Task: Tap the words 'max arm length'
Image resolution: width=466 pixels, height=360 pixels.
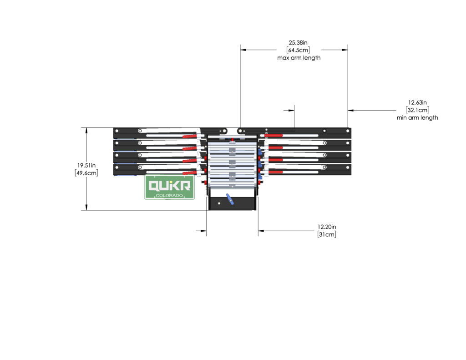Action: click(x=299, y=58)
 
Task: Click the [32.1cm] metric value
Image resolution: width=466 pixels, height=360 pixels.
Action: click(x=417, y=110)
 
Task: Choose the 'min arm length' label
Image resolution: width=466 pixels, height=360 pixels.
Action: click(x=417, y=117)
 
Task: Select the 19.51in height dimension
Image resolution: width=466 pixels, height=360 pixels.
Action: click(x=86, y=165)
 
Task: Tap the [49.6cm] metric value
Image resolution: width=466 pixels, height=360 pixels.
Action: click(x=86, y=173)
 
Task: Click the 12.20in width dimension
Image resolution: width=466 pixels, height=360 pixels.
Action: click(x=327, y=226)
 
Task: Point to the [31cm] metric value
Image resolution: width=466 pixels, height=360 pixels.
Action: click(x=327, y=234)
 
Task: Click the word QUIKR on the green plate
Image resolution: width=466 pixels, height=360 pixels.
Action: click(x=170, y=185)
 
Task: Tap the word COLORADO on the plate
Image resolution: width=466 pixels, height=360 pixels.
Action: click(x=170, y=196)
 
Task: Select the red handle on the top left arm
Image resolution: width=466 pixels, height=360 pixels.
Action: click(x=189, y=136)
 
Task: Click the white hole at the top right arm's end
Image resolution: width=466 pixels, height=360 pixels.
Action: click(x=348, y=131)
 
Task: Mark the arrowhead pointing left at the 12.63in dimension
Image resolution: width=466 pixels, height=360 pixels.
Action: click(x=351, y=110)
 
